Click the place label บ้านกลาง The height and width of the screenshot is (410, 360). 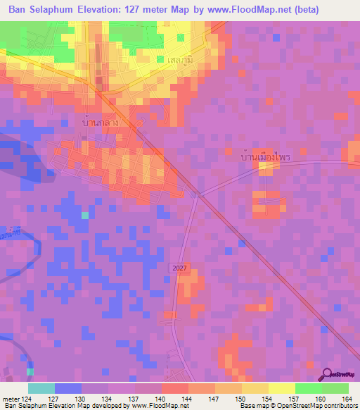click(99, 123)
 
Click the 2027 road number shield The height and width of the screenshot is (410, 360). click(179, 268)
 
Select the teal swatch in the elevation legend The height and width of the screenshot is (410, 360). click(41, 388)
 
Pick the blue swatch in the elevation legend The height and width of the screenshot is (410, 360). click(68, 388)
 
